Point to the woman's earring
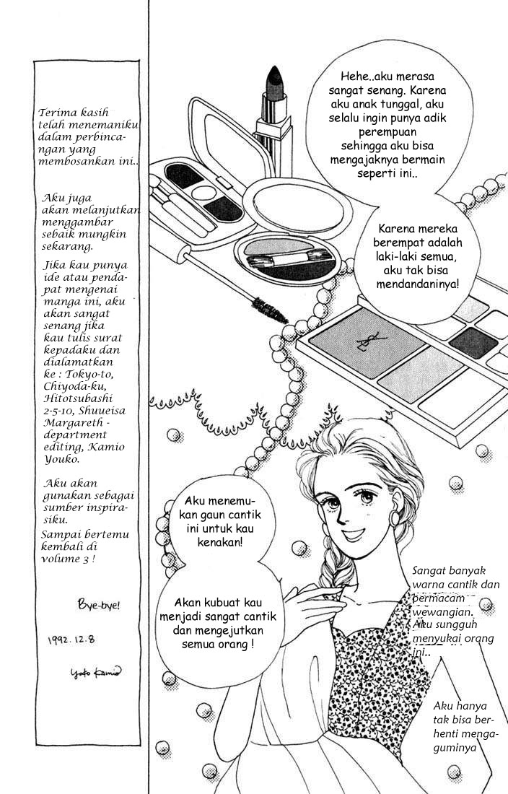coord(396,519)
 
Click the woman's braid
coord(337,570)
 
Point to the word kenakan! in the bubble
coord(222,540)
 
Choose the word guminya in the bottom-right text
coord(455,748)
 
